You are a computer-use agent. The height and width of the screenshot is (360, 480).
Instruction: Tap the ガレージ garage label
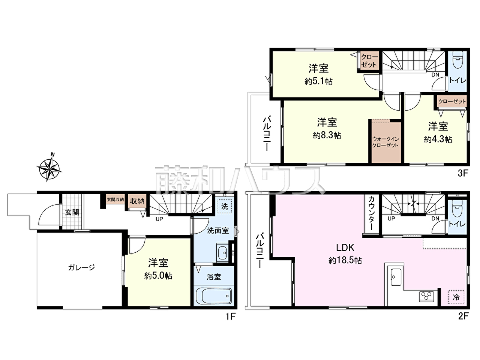pos(81,267)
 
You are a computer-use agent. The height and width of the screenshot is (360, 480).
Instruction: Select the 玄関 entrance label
pos(72,212)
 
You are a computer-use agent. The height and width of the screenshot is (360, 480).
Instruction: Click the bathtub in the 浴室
pos(214,296)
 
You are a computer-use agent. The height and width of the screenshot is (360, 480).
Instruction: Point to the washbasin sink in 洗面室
pos(222,252)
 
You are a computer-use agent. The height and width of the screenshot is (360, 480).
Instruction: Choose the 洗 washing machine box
pos(225,206)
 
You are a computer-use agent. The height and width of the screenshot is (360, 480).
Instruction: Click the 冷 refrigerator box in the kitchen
pos(456,297)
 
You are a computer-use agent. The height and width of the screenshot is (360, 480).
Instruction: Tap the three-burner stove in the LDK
pos(426,297)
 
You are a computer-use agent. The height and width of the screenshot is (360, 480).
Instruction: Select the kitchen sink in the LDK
pos(396,277)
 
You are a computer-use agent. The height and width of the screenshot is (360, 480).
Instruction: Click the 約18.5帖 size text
pos(345,260)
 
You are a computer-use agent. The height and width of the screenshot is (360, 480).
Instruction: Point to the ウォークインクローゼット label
pos(386,142)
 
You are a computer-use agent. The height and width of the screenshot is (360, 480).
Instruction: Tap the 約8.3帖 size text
pos(327,135)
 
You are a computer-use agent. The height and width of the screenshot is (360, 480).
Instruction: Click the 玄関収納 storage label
pos(115,199)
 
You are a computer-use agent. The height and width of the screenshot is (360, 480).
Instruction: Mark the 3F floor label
pos(463,173)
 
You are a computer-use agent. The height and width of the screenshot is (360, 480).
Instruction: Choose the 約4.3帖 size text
pos(438,139)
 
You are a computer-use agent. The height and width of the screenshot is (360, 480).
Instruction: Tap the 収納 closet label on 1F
pos(137,201)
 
